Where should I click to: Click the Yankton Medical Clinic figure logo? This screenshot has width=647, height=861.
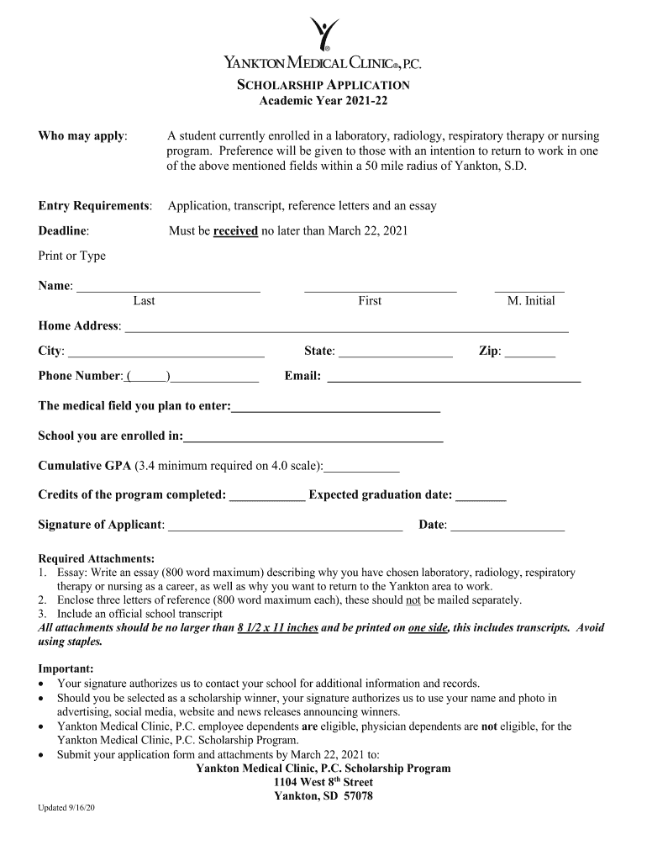323,34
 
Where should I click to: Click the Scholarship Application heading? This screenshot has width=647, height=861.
323,85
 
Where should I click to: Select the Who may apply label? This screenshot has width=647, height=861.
83,135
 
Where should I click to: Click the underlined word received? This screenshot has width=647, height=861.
235,230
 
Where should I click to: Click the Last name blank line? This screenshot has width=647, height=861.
168,290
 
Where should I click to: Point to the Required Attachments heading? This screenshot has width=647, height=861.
97,558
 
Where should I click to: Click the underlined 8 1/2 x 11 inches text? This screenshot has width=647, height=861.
277,627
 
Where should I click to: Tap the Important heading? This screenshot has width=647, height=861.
66,668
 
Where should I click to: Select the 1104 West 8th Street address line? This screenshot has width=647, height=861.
323,782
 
